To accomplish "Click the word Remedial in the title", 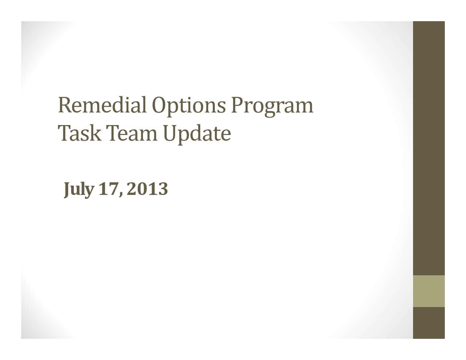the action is tap(103, 105).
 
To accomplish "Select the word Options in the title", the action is tap(189, 107).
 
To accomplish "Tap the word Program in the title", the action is tap(272, 107).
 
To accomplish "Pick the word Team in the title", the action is tap(132, 133).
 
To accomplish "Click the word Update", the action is tap(197, 134).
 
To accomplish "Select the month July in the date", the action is tap(79, 190).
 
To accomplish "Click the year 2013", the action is tap(147, 189).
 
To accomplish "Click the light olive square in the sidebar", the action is tap(429, 291).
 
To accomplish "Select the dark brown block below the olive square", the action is tap(429, 323).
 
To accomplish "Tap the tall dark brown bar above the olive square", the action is tap(429, 148).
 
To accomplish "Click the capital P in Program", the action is tap(238, 105).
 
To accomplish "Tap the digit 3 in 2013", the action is tap(163, 189).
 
